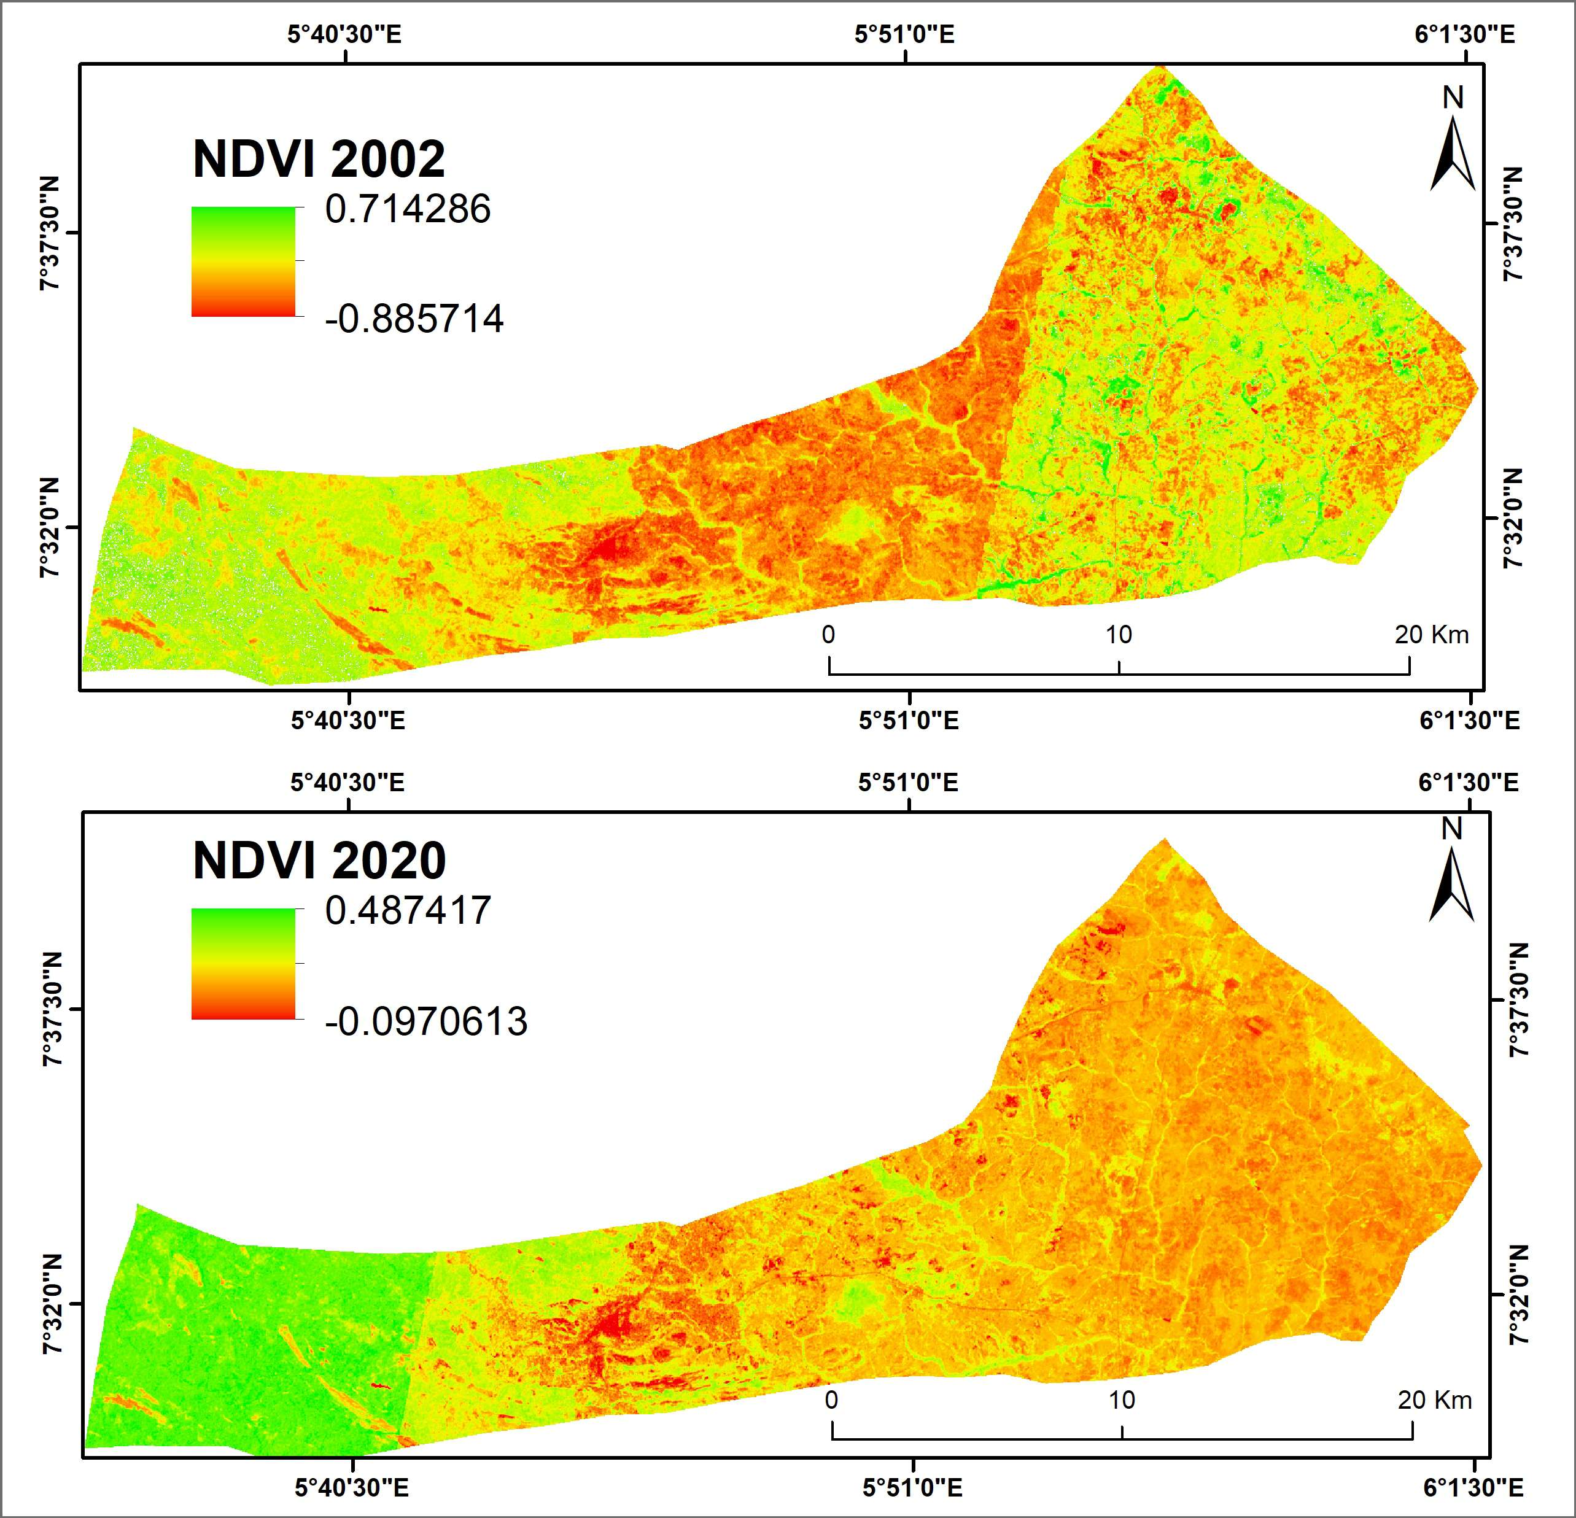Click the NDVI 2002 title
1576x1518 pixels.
tap(319, 158)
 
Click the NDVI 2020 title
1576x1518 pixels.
tap(319, 861)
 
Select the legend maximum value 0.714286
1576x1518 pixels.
tap(408, 209)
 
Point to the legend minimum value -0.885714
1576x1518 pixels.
tap(414, 319)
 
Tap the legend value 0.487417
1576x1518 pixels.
tap(408, 911)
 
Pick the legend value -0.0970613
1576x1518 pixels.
tap(426, 1021)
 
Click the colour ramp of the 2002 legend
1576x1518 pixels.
tap(243, 261)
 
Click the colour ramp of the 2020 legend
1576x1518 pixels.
tap(243, 963)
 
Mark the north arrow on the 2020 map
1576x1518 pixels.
tap(1451, 877)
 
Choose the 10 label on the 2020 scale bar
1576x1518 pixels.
tap(1122, 1400)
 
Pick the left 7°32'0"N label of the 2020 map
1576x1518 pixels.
tap(50, 1304)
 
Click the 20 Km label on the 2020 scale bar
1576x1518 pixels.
tap(1434, 1400)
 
